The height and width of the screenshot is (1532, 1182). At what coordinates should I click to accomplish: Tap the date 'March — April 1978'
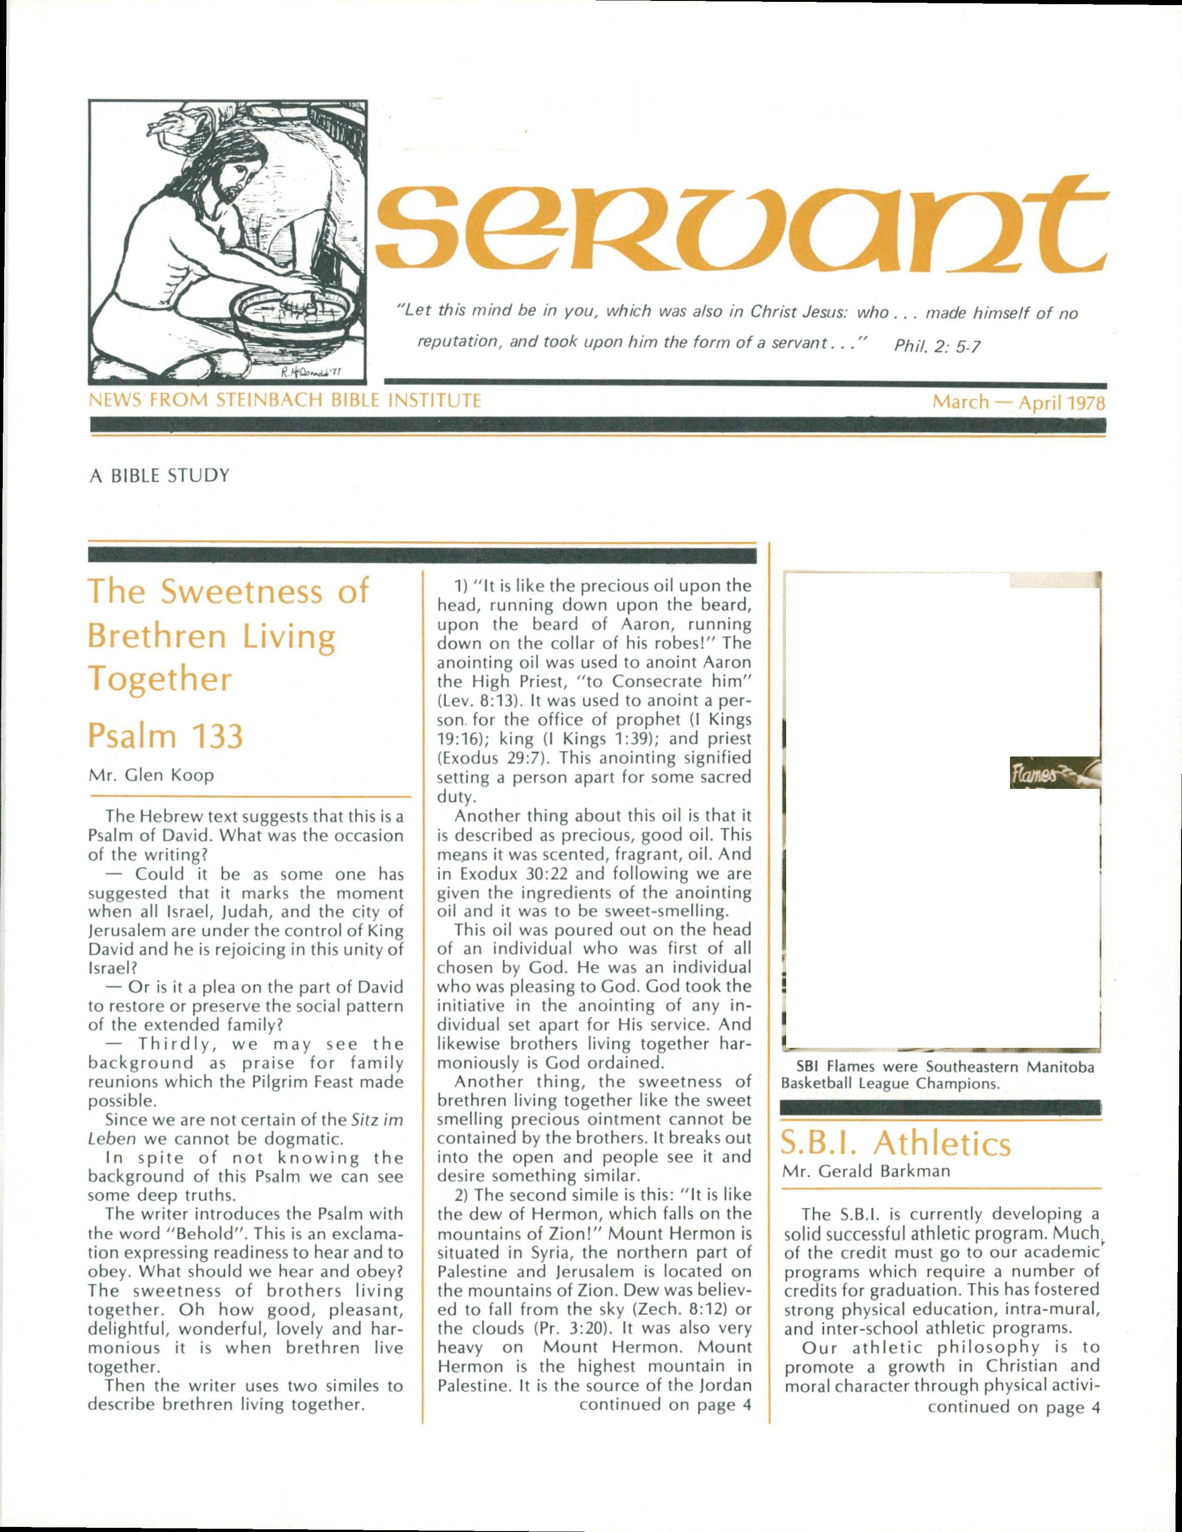click(1018, 403)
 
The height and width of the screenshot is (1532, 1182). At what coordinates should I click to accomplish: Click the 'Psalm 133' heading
click(166, 735)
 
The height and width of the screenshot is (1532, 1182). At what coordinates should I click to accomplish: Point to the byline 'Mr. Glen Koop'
click(151, 775)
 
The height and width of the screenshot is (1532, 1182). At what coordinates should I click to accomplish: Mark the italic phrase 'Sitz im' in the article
click(374, 1121)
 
